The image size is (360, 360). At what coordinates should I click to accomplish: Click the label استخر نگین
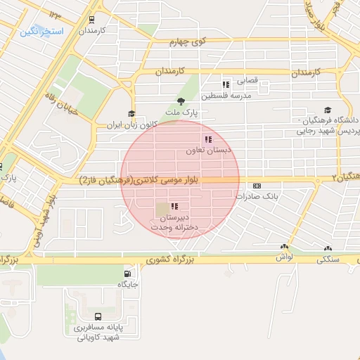pyautogui.click(x=42, y=32)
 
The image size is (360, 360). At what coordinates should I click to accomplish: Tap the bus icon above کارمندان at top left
pyautogui.click(x=93, y=20)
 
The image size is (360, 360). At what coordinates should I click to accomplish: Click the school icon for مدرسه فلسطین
pyautogui.click(x=226, y=84)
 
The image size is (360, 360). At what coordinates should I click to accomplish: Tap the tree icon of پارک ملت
pyautogui.click(x=181, y=101)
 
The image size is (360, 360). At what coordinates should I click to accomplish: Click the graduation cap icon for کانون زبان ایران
pyautogui.click(x=131, y=114)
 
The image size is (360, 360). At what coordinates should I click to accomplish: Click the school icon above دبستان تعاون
pyautogui.click(x=207, y=139)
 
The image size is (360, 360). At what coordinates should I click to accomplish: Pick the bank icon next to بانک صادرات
pyautogui.click(x=257, y=186)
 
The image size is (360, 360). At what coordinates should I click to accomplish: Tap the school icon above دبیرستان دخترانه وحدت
pyautogui.click(x=174, y=207)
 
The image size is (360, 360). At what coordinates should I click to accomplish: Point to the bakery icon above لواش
pyautogui.click(x=284, y=247)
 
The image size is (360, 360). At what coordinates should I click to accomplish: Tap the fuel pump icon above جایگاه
pyautogui.click(x=127, y=274)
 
